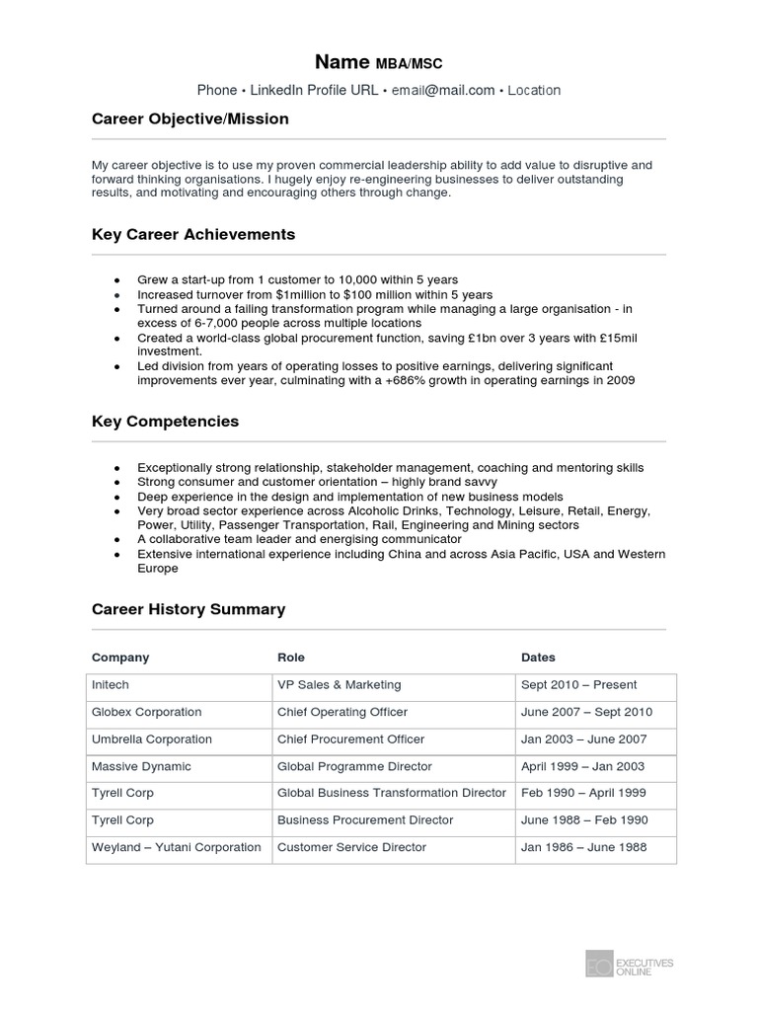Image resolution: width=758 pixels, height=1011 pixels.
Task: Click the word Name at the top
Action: [x=342, y=62]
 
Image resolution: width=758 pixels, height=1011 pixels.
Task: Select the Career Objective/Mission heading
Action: [x=190, y=119]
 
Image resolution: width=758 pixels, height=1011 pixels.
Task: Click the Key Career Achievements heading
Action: [x=193, y=235]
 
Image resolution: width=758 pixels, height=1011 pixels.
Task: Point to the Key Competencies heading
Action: [x=166, y=422]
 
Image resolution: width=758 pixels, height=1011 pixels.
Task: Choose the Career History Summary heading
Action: [x=189, y=609]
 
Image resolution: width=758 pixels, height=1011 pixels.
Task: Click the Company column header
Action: [x=120, y=658]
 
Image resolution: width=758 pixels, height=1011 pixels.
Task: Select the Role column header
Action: [x=291, y=658]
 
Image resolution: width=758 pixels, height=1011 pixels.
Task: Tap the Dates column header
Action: [x=538, y=658]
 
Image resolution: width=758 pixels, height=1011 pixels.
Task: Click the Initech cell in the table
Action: [x=111, y=685]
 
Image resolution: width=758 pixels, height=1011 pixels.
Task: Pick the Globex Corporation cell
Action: [x=146, y=712]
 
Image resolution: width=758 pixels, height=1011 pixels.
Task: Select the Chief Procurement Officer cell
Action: [x=351, y=739]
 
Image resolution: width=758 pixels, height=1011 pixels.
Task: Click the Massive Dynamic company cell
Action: [x=141, y=766]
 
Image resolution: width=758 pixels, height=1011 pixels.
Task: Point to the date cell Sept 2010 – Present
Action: [x=579, y=685]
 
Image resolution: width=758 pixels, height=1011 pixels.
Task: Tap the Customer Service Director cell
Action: [x=351, y=847]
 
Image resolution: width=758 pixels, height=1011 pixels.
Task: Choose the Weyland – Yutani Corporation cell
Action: [x=177, y=847]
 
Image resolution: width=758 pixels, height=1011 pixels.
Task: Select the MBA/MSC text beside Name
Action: [x=410, y=64]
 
